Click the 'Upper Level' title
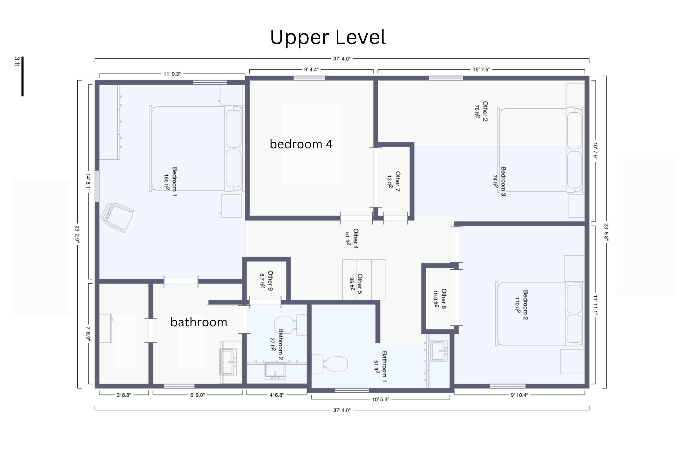click(x=328, y=37)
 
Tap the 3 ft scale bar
click(x=22, y=76)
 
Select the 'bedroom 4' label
click(x=301, y=144)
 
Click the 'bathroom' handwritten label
click(x=199, y=322)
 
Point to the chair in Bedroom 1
click(x=117, y=217)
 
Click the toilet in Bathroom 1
click(x=330, y=364)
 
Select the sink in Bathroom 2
click(x=275, y=371)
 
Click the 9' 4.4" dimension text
click(x=311, y=70)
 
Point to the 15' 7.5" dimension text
click(x=481, y=70)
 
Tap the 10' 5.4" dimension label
click(x=380, y=399)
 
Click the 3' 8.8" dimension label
click(x=124, y=395)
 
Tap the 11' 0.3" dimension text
click(x=172, y=74)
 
